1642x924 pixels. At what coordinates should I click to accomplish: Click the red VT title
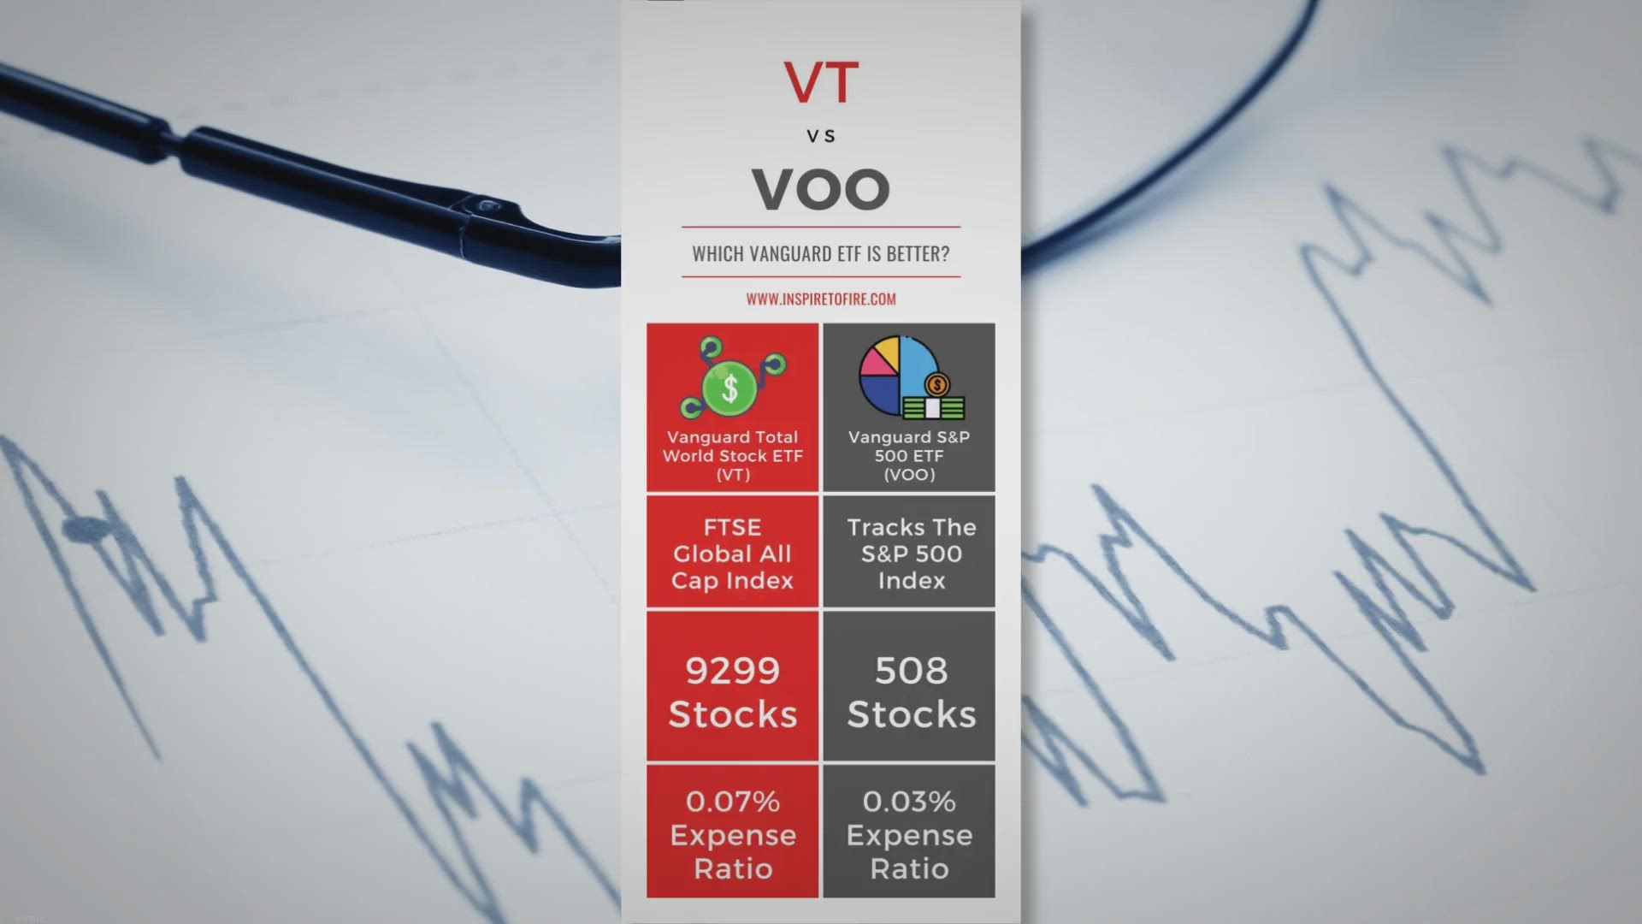tap(821, 82)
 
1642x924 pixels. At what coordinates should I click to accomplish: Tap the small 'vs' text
tap(821, 136)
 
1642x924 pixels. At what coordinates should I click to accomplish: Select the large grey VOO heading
tap(821, 189)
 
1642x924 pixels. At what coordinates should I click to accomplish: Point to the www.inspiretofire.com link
tap(821, 299)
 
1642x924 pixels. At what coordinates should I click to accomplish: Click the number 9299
tap(733, 671)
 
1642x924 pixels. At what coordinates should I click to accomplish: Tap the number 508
tap(912, 671)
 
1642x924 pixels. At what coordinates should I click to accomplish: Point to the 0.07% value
tap(733, 802)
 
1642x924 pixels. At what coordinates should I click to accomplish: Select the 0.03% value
tap(909, 802)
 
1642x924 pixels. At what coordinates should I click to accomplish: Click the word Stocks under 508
tap(912, 714)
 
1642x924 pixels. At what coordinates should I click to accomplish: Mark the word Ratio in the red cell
tap(733, 869)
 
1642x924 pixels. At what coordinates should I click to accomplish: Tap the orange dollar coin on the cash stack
tap(937, 384)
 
